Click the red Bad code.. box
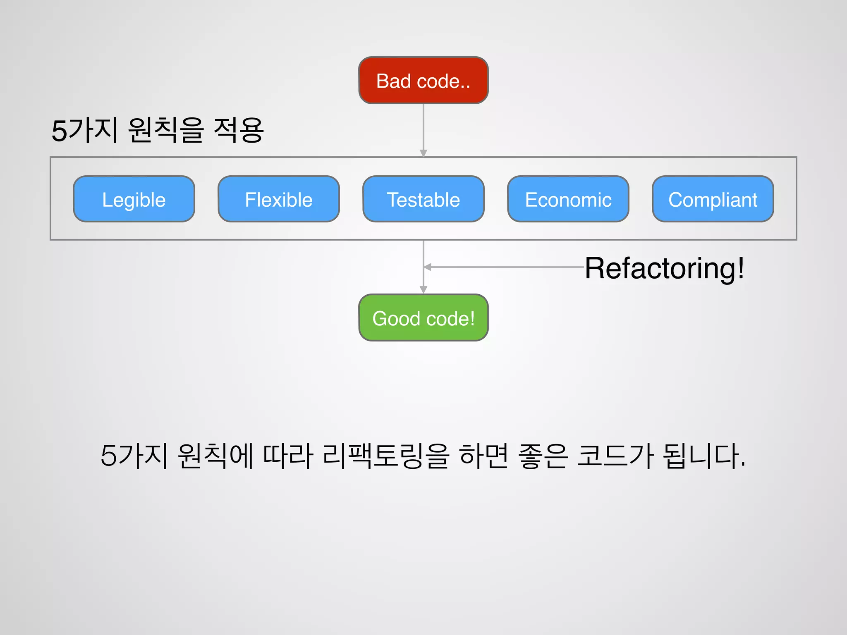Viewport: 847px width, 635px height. (x=423, y=80)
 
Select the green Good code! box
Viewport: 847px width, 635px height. (x=423, y=317)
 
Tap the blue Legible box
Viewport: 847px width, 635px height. (x=134, y=199)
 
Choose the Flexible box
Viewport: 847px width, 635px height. (x=278, y=199)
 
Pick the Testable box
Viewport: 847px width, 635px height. (x=423, y=199)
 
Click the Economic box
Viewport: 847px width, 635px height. (x=568, y=199)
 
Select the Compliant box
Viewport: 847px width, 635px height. (x=713, y=199)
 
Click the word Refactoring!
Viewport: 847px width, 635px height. (x=664, y=268)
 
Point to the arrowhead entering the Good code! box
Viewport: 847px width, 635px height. (x=423, y=290)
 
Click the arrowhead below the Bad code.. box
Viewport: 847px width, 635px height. (x=423, y=153)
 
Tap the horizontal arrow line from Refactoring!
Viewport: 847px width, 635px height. (x=505, y=267)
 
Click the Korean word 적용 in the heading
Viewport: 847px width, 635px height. (x=239, y=130)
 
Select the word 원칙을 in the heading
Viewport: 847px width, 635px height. (x=166, y=130)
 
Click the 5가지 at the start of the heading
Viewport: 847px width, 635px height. (x=85, y=130)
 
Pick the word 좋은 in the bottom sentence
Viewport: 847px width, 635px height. (x=542, y=456)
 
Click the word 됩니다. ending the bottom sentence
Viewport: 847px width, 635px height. (x=703, y=456)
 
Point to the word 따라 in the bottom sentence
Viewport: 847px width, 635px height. (x=288, y=456)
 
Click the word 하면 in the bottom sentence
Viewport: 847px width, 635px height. (x=483, y=456)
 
